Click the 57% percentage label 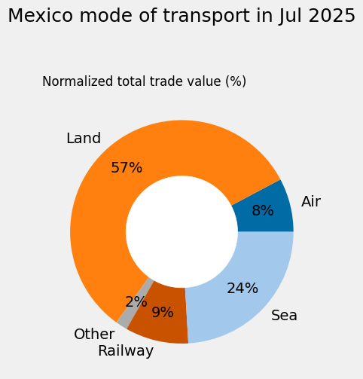pos(127,168)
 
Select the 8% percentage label pos(262,211)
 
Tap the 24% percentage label pos(243,289)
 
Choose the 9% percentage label pos(163,312)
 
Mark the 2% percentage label pos(136,302)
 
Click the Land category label pos(84,139)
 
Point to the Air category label pos(311,202)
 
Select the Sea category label pos(284,316)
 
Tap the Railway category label pos(126,351)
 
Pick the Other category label pos(94,335)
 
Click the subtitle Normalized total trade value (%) pos(144,81)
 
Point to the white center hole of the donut pos(181,231)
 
